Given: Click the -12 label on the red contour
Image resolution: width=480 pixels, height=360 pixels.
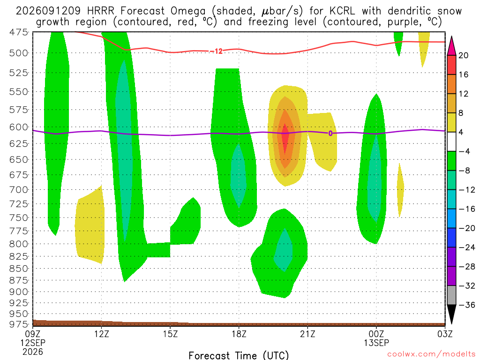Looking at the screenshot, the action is point(218,51).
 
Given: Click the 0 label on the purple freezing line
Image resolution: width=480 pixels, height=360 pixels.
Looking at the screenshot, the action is point(330,133).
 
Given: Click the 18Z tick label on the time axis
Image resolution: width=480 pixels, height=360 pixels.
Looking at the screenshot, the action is point(239,334).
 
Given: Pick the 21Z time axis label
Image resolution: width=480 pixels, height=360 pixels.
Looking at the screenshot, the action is point(307,334).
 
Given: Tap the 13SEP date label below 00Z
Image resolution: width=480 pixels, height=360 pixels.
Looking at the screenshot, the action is point(376,343).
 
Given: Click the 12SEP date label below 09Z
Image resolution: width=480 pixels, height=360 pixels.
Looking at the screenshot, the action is point(33,343).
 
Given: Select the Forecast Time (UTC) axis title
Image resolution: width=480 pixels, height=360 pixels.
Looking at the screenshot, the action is point(239,355).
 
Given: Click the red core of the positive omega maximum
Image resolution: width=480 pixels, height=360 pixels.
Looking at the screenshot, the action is point(285,138).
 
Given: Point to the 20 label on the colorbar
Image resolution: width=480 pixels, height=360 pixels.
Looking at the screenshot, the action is point(464,55).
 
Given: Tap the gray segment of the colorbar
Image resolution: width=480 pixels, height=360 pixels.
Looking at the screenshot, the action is point(451,295).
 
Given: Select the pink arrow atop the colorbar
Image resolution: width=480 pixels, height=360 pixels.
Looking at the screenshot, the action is point(451,45).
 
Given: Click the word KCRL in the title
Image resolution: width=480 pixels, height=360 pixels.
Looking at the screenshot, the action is point(342,11).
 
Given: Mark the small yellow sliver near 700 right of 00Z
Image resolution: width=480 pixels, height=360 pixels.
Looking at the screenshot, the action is point(400,190).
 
